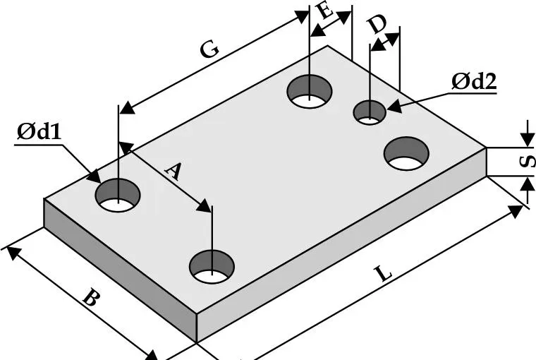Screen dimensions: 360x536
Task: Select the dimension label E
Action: (325, 12)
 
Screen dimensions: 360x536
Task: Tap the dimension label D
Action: (377, 25)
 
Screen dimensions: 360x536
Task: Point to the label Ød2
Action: (474, 82)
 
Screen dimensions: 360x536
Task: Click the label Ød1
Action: (38, 132)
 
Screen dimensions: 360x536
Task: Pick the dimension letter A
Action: (173, 172)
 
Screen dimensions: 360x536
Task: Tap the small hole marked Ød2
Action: (370, 112)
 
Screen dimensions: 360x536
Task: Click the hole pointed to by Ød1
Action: (118, 194)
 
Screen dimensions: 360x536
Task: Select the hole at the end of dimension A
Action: (212, 265)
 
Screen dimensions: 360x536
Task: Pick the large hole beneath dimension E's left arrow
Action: (310, 92)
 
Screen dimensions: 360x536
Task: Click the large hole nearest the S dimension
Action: (407, 154)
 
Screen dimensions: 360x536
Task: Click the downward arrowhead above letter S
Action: (526, 141)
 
